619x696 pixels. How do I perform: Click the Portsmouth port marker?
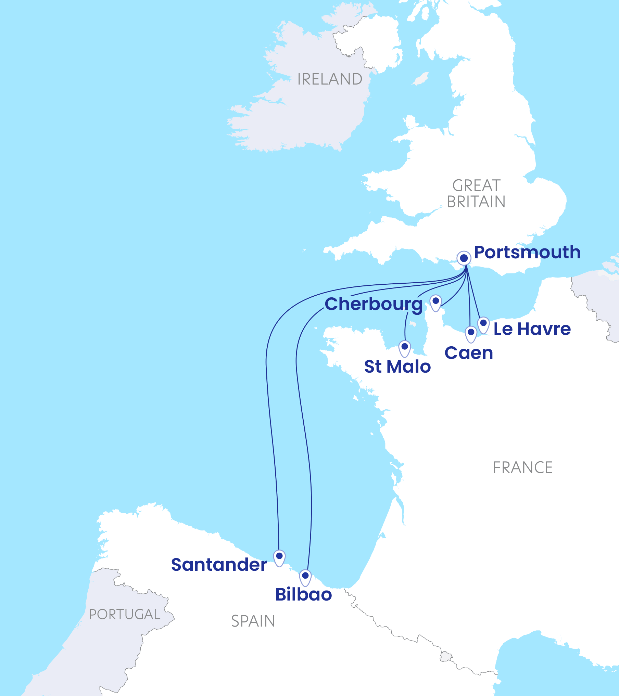point(464,258)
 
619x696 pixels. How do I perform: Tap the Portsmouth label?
point(527,253)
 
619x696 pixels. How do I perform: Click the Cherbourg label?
point(374,304)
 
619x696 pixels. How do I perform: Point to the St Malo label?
point(397,366)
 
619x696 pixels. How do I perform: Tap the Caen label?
point(469,353)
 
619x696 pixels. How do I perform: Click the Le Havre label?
point(532,329)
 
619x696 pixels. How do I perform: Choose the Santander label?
point(219,565)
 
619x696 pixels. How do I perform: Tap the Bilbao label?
point(303,594)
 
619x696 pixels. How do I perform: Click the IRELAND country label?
point(330,79)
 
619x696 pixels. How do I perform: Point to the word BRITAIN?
point(476,202)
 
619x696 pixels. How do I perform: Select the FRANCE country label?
point(522,467)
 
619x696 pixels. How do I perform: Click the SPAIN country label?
point(253,621)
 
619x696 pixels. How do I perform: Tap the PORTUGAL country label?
point(125,614)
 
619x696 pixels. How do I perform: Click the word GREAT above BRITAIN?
point(476,186)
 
